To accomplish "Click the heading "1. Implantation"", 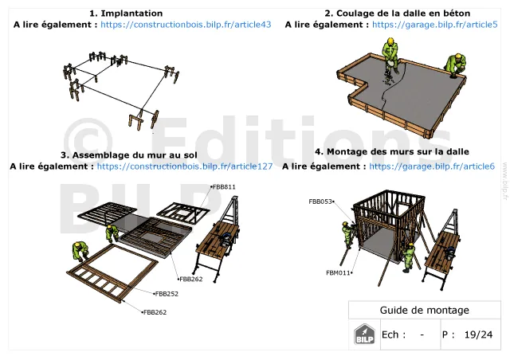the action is (x=126, y=14).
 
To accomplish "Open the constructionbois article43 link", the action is (x=186, y=25).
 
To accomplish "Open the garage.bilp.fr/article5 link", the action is (x=435, y=25).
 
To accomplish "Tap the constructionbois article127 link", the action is (x=185, y=166).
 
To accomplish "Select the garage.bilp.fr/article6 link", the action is (x=432, y=166).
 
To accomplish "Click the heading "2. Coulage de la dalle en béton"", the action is (x=397, y=14).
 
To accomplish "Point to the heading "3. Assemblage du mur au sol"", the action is (x=129, y=155).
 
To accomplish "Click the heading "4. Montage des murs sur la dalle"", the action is (x=392, y=151).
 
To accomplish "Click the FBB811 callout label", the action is (x=223, y=187).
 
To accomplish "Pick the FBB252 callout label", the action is (x=167, y=294).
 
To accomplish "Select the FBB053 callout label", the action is (x=321, y=202).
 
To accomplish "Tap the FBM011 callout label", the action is (x=339, y=273).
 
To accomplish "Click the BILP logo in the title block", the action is (x=364, y=334).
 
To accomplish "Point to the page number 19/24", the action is (x=478, y=335).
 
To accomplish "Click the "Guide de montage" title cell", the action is (x=425, y=311).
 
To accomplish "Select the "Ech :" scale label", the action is (x=394, y=335).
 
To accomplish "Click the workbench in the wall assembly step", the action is (x=218, y=241).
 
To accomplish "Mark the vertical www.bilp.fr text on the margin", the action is (x=505, y=181).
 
